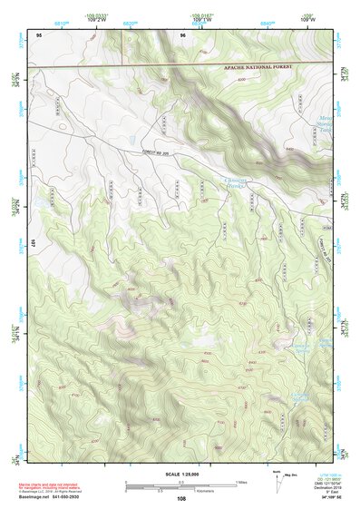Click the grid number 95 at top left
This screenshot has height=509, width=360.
pyautogui.click(x=39, y=35)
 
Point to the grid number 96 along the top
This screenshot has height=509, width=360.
pyautogui.click(x=182, y=35)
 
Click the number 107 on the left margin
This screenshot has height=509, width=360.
pyautogui.click(x=31, y=242)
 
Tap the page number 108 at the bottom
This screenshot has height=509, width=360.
pyautogui.click(x=181, y=498)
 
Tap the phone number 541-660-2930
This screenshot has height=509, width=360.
pyautogui.click(x=85, y=497)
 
